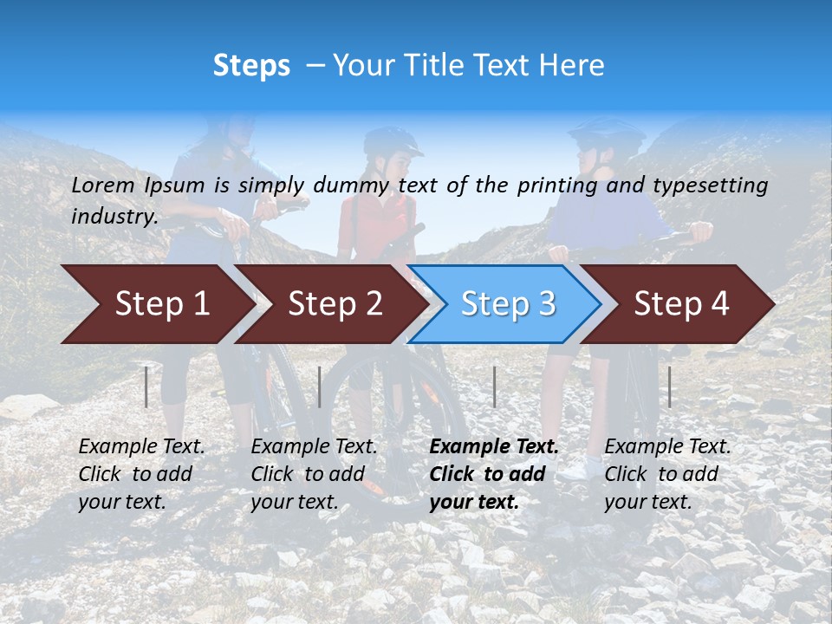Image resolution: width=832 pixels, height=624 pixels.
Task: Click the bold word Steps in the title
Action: point(251,66)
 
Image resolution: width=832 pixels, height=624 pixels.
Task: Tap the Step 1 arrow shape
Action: point(156,304)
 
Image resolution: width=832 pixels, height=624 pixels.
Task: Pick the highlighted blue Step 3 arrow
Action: point(506,304)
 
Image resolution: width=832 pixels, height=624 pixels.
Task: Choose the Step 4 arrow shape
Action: point(680,304)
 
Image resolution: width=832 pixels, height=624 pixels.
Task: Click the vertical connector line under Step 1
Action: point(146,387)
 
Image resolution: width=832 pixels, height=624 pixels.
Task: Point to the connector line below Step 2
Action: point(320,387)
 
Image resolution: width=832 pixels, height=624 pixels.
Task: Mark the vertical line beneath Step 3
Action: point(494,387)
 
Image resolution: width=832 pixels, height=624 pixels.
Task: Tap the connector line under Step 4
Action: point(669,387)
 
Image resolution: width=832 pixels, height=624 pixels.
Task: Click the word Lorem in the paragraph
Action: point(103,185)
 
